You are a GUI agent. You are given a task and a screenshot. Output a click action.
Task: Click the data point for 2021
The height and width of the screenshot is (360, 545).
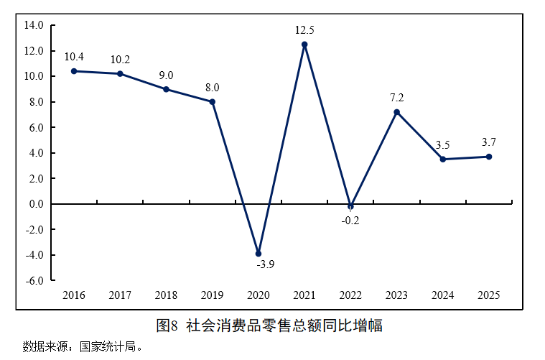point(304,45)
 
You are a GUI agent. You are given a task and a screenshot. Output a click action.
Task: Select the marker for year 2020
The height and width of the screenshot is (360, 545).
point(258,254)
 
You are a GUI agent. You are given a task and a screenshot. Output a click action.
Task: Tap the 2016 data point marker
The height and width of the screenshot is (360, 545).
point(74,71)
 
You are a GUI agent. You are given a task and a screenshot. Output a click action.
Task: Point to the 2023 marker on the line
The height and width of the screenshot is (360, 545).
point(396,112)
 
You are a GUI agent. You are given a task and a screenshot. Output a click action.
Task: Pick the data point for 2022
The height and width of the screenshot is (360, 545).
point(350,206)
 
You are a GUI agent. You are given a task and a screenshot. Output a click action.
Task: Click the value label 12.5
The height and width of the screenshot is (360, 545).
point(304,30)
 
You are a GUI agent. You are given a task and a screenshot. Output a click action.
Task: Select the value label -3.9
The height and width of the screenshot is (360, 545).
point(265,264)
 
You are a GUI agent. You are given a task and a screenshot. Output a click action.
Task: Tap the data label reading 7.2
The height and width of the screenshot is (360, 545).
point(396,98)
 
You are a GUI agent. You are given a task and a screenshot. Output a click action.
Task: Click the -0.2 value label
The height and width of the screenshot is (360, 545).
point(350,220)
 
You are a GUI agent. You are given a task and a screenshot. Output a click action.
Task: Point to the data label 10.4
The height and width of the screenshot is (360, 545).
point(74,57)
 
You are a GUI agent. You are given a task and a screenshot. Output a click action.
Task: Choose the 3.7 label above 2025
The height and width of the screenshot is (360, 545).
point(489,142)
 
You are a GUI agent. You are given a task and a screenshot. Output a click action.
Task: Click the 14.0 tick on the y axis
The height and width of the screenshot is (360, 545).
point(34,25)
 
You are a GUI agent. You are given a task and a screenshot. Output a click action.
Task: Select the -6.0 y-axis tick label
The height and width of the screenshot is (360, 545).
point(34,280)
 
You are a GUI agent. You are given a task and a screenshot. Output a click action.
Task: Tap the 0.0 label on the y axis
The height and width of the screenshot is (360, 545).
point(35,204)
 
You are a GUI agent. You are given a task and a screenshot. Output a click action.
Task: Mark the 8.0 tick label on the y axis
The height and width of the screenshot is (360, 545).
point(35,102)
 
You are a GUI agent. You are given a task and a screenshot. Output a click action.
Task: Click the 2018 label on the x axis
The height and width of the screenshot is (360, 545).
point(166,295)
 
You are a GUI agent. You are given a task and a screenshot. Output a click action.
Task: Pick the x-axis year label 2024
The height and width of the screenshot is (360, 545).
point(442,295)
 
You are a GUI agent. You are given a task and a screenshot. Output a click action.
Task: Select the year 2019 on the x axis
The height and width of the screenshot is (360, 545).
point(212,295)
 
